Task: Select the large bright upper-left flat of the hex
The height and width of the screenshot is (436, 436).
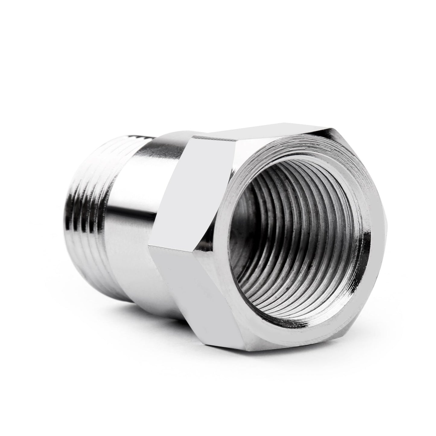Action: (193, 193)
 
